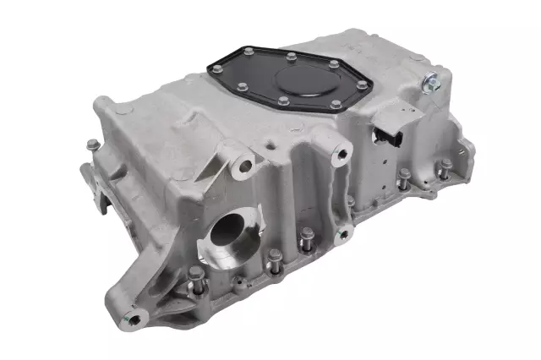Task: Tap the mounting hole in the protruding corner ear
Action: click(x=134, y=319)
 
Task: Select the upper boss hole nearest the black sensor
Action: click(x=342, y=154)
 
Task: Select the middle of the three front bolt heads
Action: click(x=273, y=265)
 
